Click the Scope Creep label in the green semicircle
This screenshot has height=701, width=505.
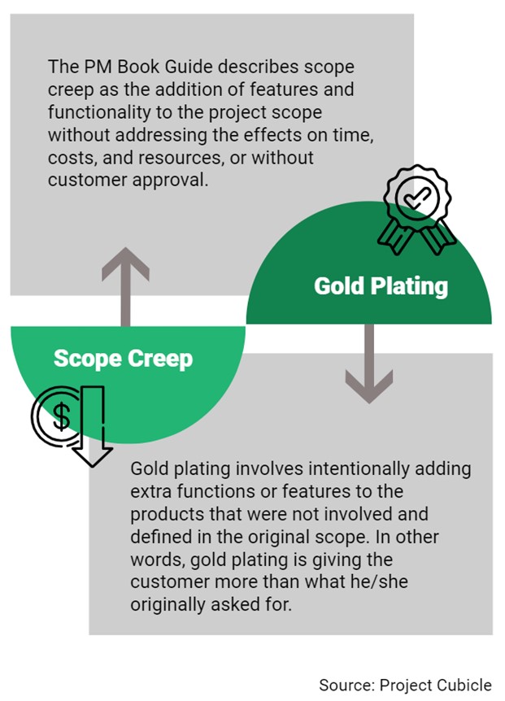(124, 358)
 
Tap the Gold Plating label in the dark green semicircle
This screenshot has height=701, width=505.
(381, 285)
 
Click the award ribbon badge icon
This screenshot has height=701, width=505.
(417, 207)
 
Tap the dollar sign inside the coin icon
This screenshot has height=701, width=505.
(61, 417)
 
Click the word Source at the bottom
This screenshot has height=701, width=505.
(344, 684)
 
